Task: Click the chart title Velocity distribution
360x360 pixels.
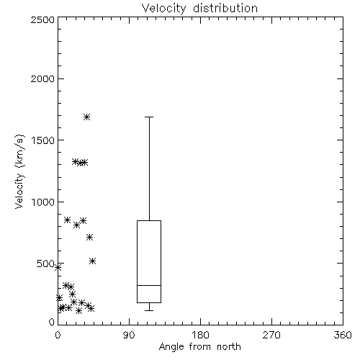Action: [x=199, y=9]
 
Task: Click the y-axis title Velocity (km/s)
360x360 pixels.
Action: [x=19, y=171]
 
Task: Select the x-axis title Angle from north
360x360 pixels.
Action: [x=200, y=347]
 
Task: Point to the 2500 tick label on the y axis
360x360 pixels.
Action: [x=42, y=19]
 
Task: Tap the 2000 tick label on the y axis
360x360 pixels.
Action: [x=42, y=79]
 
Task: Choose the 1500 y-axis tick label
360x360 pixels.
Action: [x=43, y=140]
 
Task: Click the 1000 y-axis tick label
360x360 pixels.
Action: [x=43, y=202]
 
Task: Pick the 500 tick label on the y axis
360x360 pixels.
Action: [x=46, y=264]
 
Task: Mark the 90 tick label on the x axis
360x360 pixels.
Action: [x=129, y=335]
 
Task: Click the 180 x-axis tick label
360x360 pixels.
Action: [x=200, y=335]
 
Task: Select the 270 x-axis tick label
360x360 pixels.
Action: [x=271, y=335]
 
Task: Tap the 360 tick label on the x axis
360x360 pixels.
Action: [x=343, y=335]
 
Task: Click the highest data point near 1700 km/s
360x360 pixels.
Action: [x=86, y=117]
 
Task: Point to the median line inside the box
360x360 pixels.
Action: [x=149, y=285]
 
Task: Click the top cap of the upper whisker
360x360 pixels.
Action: [x=149, y=117]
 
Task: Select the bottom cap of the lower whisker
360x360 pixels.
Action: [x=149, y=310]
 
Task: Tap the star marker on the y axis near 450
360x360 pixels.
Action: [x=58, y=267]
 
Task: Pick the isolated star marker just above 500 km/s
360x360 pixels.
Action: [x=93, y=261]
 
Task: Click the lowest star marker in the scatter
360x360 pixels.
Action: [x=78, y=311]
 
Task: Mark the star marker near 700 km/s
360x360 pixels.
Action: [x=89, y=238]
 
